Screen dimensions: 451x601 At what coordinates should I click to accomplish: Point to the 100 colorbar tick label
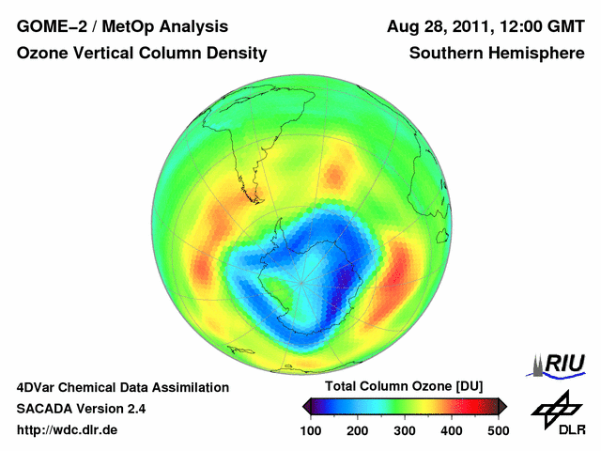[313, 430]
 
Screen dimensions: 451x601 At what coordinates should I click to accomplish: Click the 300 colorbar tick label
[406, 430]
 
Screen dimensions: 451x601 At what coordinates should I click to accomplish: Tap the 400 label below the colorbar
[452, 430]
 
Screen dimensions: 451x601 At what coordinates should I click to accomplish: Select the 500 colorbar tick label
[498, 430]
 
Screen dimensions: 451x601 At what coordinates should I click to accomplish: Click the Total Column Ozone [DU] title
[404, 387]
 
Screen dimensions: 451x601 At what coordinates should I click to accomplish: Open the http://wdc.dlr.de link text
[68, 430]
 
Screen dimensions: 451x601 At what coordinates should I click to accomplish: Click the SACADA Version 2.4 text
[81, 409]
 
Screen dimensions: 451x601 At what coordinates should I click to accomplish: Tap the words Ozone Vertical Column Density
[142, 54]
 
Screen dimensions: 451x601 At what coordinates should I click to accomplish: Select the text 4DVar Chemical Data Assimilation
[122, 387]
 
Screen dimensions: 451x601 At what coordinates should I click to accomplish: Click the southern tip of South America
[255, 199]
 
